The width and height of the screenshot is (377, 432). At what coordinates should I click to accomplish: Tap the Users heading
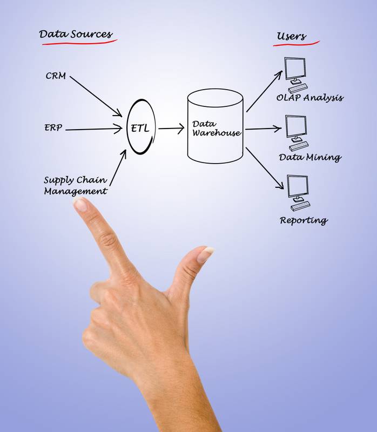(291, 37)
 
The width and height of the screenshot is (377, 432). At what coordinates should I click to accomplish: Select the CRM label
(56, 76)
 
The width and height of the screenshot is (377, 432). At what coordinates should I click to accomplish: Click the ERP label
(53, 128)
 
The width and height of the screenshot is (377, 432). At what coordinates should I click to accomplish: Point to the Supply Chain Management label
(75, 185)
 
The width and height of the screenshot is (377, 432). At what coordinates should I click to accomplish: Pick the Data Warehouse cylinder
(216, 127)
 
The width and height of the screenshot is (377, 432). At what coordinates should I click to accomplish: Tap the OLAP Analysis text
(309, 98)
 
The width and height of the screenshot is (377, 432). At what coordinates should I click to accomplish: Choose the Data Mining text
(309, 158)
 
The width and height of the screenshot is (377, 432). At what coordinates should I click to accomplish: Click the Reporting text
(303, 220)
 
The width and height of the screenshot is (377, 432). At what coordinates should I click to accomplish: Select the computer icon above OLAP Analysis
(297, 75)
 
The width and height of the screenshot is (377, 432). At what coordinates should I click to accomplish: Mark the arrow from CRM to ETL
(96, 95)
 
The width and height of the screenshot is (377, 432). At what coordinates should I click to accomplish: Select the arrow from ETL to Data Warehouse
(171, 129)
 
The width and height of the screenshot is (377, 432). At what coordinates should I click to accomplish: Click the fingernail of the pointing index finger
(80, 204)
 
